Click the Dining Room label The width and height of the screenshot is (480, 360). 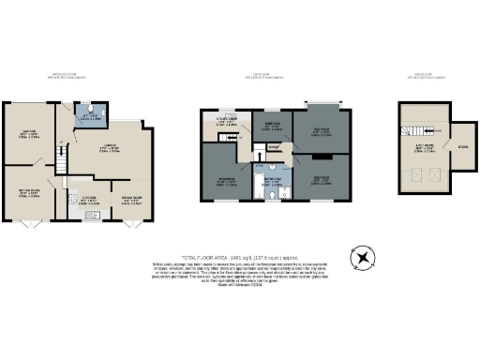point(125,198)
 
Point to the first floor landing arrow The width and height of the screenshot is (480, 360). point(274,148)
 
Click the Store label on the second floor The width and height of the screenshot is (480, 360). point(463,146)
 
